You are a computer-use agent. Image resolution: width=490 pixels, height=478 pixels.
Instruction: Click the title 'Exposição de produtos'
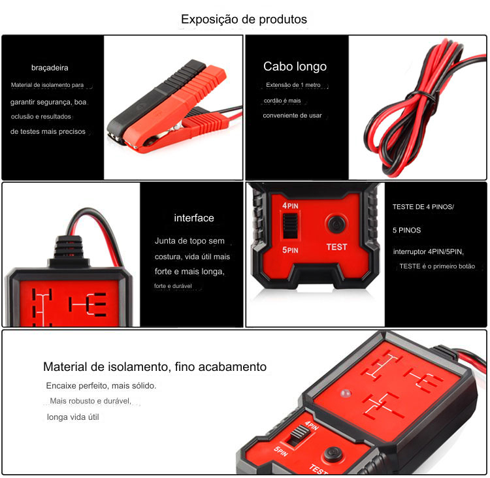click(244, 20)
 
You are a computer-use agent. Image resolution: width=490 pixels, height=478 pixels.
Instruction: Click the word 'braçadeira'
click(50, 68)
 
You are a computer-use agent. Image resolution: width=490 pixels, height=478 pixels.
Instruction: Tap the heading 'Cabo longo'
click(295, 66)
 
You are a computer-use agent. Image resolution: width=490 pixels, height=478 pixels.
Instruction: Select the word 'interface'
click(194, 217)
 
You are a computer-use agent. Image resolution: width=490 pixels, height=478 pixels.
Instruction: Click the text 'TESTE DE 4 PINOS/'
click(423, 207)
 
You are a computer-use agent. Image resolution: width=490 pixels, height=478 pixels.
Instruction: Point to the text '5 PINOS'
click(406, 231)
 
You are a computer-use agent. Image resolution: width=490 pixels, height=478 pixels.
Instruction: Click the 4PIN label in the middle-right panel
click(290, 206)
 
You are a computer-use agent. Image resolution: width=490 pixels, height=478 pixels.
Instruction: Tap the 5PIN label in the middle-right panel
click(290, 250)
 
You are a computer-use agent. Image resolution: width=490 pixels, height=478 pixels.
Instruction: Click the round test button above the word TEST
click(336, 224)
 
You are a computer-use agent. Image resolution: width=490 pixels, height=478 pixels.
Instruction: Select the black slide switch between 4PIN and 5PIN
click(290, 226)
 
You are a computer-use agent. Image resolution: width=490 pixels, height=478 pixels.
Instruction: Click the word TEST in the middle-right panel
click(336, 247)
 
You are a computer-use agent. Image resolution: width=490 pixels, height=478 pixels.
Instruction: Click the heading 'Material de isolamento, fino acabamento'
click(155, 367)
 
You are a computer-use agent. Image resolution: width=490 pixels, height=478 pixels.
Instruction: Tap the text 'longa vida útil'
click(73, 417)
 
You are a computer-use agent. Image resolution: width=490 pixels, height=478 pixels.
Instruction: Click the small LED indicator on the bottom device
click(346, 394)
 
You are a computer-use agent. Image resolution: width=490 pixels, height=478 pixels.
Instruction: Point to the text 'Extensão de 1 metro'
click(293, 85)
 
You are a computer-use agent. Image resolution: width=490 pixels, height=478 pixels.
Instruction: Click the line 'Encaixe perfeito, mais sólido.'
click(101, 385)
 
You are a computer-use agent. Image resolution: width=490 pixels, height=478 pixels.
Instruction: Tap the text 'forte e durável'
click(173, 286)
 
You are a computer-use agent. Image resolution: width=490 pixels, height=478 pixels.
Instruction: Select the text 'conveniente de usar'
click(292, 116)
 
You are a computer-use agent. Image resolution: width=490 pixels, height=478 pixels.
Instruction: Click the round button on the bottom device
click(333, 454)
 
